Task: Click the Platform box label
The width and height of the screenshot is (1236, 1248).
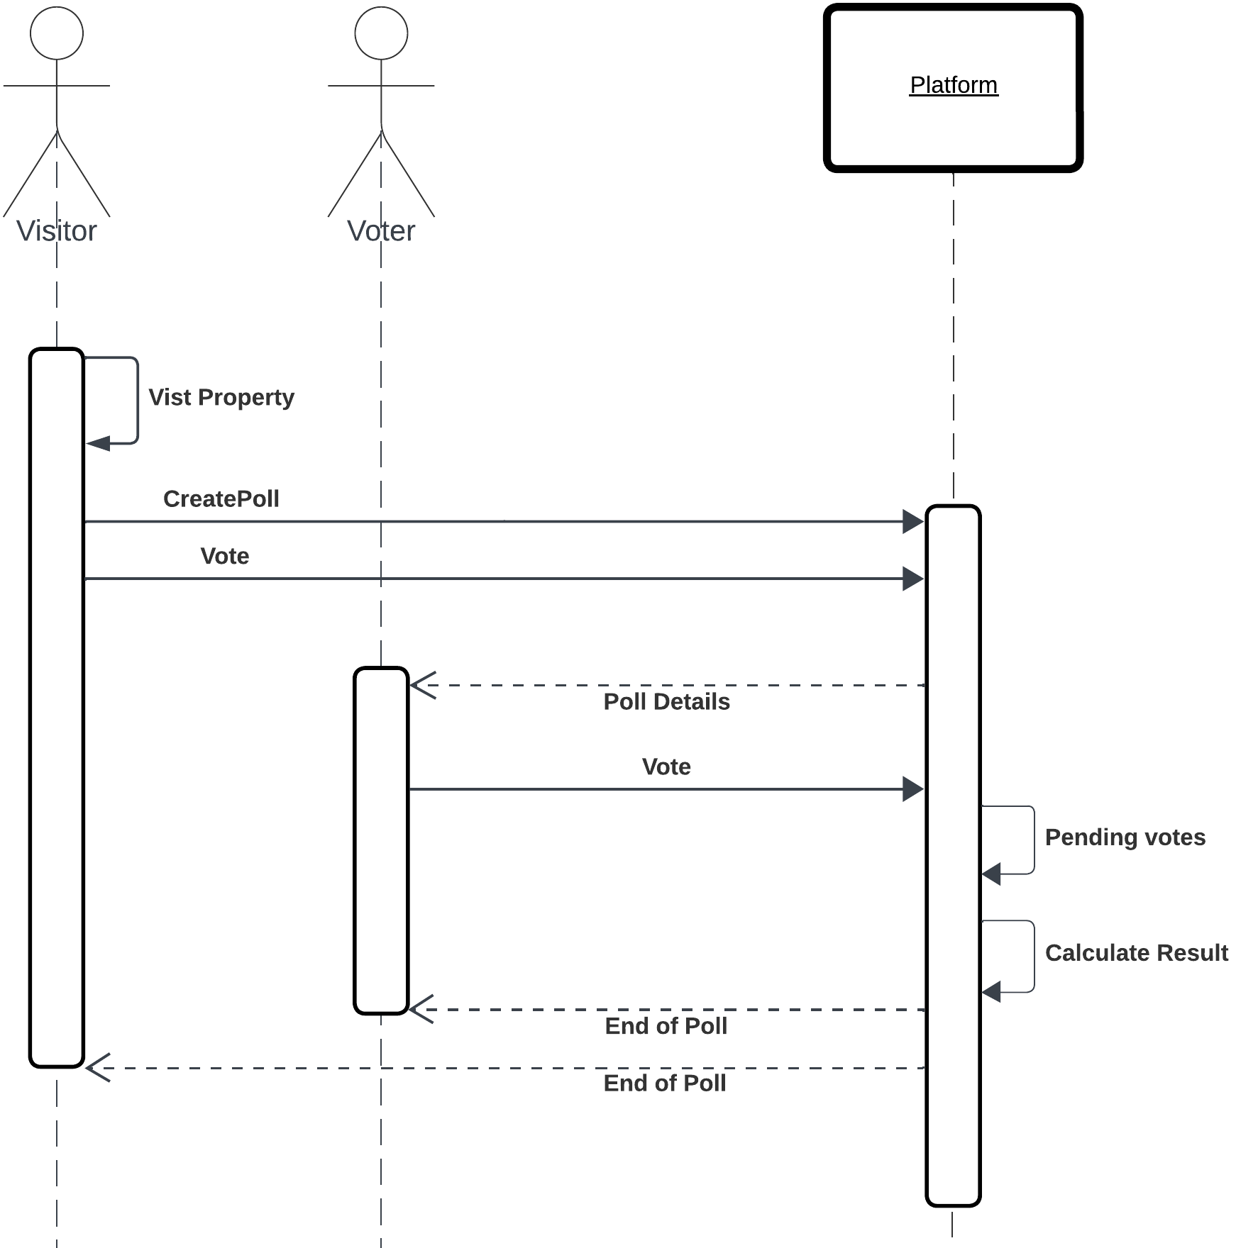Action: pyautogui.click(x=953, y=85)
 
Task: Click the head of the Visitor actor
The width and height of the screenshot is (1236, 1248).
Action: pyautogui.click(x=57, y=33)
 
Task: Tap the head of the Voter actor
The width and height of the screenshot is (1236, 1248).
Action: pyautogui.click(x=381, y=33)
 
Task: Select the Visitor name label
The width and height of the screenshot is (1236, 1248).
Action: pyautogui.click(x=57, y=231)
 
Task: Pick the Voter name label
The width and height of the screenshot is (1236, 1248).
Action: pyautogui.click(x=381, y=231)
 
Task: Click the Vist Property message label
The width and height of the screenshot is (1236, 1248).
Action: pyautogui.click(x=221, y=397)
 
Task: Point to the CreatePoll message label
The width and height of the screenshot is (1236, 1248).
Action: pyautogui.click(x=221, y=498)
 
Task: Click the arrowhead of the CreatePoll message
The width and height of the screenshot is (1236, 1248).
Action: pyautogui.click(x=913, y=522)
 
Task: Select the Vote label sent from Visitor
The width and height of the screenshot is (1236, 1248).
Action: pyautogui.click(x=224, y=556)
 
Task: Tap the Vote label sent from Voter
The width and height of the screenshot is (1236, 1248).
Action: pyautogui.click(x=666, y=767)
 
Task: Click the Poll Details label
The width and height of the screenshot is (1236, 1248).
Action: pyautogui.click(x=666, y=701)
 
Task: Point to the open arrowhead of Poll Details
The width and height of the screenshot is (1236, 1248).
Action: pyautogui.click(x=422, y=686)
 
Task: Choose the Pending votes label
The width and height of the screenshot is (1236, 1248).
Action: pyautogui.click(x=1125, y=837)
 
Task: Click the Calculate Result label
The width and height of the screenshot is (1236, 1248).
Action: pyautogui.click(x=1136, y=952)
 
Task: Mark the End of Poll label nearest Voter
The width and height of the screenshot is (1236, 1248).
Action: pyautogui.click(x=666, y=1026)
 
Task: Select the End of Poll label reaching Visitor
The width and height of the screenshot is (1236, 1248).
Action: pyautogui.click(x=664, y=1083)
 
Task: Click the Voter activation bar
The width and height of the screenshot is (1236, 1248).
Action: pyautogui.click(x=381, y=840)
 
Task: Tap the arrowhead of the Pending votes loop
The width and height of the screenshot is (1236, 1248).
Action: pyautogui.click(x=992, y=874)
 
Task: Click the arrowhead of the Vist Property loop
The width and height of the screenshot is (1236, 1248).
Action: pyautogui.click(x=98, y=444)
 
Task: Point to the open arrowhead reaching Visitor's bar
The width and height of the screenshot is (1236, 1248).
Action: pyautogui.click(x=98, y=1068)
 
